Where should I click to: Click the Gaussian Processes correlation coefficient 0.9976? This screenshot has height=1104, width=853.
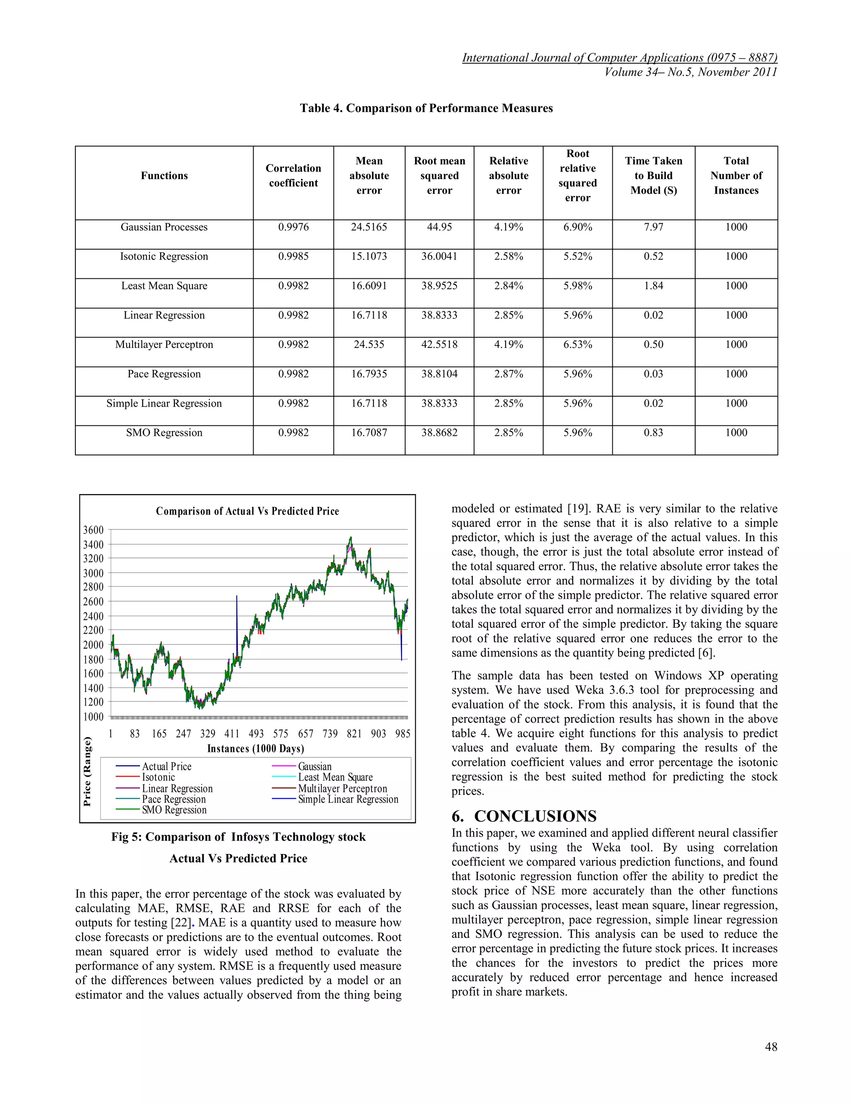(293, 227)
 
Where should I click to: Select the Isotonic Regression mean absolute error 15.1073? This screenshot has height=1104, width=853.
(369, 256)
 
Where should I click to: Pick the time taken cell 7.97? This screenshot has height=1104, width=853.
(653, 227)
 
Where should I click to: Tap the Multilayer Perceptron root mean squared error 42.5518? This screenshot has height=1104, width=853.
(439, 344)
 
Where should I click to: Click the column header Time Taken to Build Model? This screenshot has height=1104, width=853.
(653, 175)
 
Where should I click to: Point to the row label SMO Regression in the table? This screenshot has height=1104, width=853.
(164, 433)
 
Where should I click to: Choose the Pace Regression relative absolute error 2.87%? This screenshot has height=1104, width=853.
(509, 374)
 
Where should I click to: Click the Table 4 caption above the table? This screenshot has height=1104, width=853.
(426, 108)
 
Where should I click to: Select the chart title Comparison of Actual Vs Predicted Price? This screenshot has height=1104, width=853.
(247, 511)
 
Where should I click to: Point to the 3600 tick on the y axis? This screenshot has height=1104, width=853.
(93, 530)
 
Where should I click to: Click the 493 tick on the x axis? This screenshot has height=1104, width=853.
(256, 734)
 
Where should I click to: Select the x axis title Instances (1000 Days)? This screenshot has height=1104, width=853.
(255, 748)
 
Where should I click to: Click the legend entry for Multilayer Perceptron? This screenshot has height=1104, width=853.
(342, 789)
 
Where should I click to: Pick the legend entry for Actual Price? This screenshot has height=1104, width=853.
(166, 766)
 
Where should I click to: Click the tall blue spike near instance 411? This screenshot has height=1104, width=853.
(237, 622)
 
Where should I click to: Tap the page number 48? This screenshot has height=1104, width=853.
(771, 1047)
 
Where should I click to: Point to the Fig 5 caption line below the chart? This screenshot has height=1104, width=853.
(238, 837)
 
